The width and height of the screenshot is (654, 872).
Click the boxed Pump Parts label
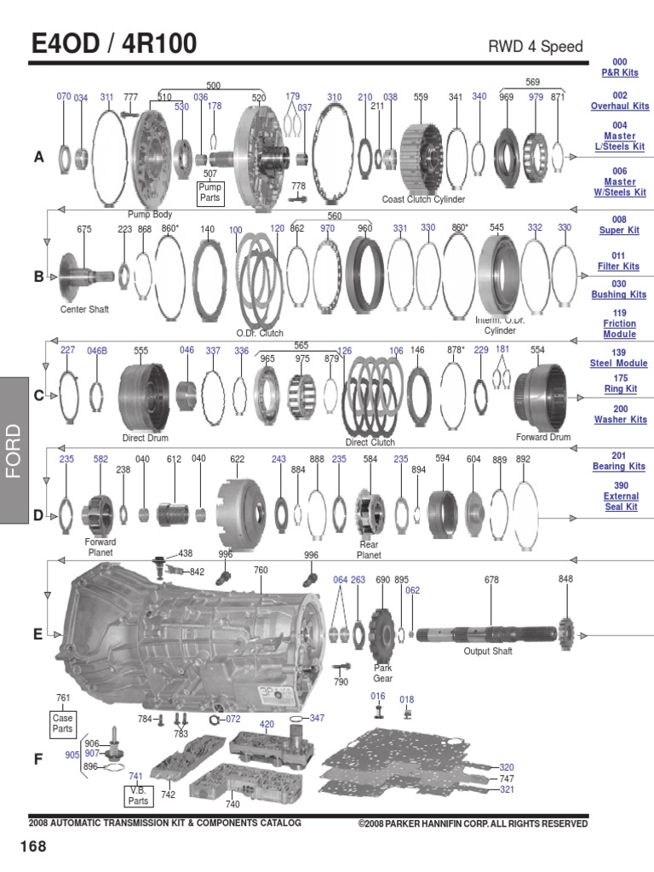209,192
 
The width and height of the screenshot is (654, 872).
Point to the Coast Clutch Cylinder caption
423,199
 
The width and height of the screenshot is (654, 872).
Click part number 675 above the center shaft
84,229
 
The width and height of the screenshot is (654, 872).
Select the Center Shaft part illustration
85,272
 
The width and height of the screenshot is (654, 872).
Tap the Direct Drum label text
145,438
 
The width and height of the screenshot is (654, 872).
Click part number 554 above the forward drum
537,350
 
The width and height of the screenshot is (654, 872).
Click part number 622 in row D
238,459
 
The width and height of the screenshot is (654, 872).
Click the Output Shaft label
488,651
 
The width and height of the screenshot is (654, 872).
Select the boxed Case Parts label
63,724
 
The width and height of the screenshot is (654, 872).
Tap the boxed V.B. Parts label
138,795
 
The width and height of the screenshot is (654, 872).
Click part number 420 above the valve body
267,725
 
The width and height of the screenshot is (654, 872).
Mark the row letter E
37,634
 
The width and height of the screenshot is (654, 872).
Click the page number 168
33,846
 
